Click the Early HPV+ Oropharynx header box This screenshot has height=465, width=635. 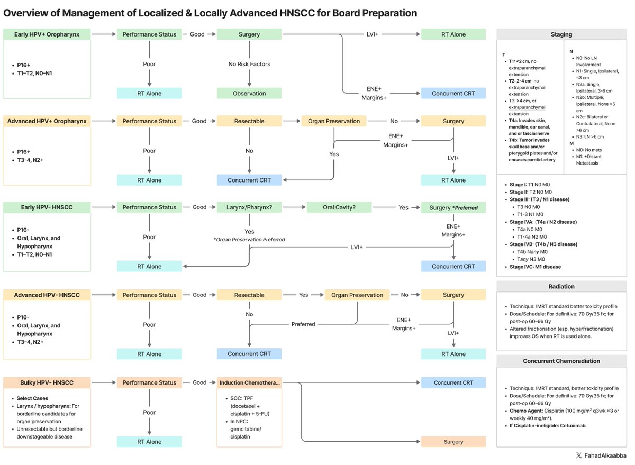pyautogui.click(x=47, y=34)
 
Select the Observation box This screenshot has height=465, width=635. pyautogui.click(x=249, y=93)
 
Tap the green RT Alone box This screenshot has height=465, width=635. pyautogui.click(x=453, y=34)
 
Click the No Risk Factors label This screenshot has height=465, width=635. pyautogui.click(x=249, y=64)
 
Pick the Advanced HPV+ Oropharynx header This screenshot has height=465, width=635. pyautogui.click(x=47, y=121)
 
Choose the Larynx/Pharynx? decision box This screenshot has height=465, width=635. pyautogui.click(x=249, y=207)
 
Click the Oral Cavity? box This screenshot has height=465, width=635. pyautogui.click(x=339, y=207)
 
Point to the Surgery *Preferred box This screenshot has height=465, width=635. pyautogui.click(x=453, y=207)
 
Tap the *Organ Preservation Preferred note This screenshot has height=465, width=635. pyautogui.click(x=249, y=240)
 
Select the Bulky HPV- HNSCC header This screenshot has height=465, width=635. pyautogui.click(x=47, y=382)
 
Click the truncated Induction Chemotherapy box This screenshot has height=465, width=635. pyautogui.click(x=249, y=382)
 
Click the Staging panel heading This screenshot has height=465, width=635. pyautogui.click(x=561, y=34)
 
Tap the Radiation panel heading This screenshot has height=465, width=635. pyautogui.click(x=561, y=286)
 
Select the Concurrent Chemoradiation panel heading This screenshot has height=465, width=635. pyautogui.click(x=561, y=361)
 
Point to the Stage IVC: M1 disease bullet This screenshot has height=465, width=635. pyautogui.click(x=535, y=267)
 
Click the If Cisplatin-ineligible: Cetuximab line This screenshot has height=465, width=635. pyautogui.click(x=548, y=425)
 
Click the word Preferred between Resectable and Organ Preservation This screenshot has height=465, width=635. pyautogui.click(x=303, y=324)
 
